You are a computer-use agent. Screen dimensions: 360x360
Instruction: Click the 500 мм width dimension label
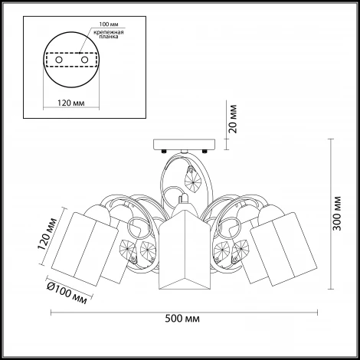point(182,319)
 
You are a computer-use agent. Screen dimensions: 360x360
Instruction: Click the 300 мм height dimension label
point(337,214)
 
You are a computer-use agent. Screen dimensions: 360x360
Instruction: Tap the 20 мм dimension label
point(233,119)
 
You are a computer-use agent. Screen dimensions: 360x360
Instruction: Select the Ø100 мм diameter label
point(67,293)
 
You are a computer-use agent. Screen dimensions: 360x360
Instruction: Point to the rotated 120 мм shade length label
point(47,234)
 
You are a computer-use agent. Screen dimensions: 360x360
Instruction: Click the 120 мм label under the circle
point(70,103)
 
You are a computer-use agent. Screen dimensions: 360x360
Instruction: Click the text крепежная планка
point(109,34)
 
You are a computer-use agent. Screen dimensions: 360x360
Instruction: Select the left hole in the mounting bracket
point(59,60)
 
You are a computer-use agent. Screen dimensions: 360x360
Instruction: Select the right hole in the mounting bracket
point(84,60)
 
